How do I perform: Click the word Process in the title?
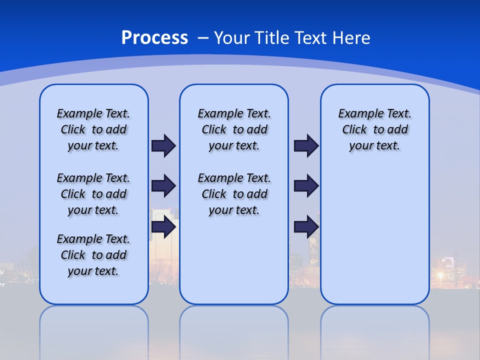(x=154, y=37)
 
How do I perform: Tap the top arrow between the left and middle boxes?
(x=163, y=145)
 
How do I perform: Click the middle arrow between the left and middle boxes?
(x=163, y=186)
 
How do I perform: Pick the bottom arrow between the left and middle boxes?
(x=163, y=226)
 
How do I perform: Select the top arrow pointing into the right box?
(x=306, y=145)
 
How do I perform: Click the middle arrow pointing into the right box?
(x=306, y=186)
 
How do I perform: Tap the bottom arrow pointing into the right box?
(x=306, y=226)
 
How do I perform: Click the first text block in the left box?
(x=93, y=129)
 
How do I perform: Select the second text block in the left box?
(x=93, y=194)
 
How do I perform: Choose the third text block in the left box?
(x=93, y=255)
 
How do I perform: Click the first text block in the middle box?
(x=234, y=129)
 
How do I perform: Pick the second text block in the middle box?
(x=234, y=194)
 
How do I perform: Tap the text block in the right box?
(x=374, y=129)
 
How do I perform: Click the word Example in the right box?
(x=356, y=113)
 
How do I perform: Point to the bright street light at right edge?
(x=440, y=274)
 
